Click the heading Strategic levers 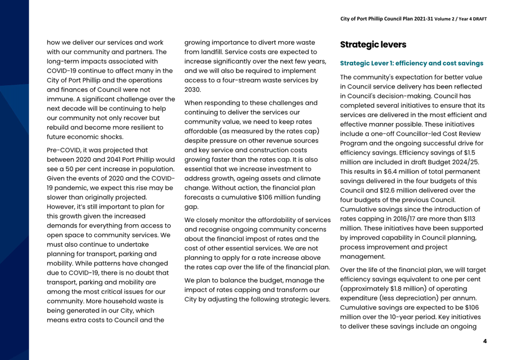point(373,45)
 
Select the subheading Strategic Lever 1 point(411,64)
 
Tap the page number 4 point(485,341)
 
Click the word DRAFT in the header point(479,19)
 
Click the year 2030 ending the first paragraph point(192,90)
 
